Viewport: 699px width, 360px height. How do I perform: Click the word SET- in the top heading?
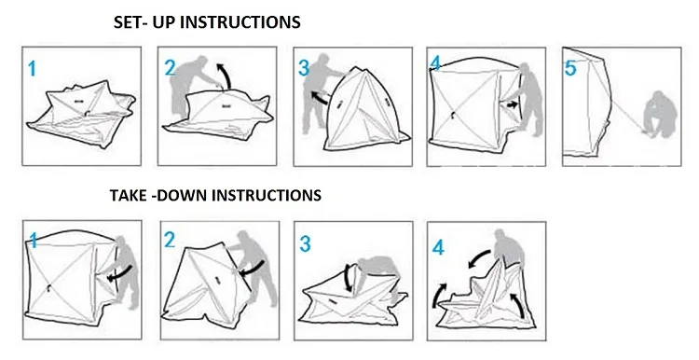(130, 21)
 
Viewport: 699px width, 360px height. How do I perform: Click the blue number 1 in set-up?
(32, 69)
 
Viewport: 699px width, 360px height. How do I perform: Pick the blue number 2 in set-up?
(171, 68)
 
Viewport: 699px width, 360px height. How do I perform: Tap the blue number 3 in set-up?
(304, 68)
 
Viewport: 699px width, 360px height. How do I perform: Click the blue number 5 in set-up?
(570, 68)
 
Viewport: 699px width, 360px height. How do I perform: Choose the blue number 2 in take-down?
(170, 241)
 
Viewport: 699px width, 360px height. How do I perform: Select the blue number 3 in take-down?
(305, 244)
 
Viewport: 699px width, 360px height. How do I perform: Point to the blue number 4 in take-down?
(438, 247)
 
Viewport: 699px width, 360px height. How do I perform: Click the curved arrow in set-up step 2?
(226, 75)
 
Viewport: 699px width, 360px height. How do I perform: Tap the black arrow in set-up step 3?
(319, 97)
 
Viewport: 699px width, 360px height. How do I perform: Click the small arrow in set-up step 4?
(513, 105)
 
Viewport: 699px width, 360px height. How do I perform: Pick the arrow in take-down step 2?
(251, 268)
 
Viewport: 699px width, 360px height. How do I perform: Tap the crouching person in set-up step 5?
(659, 115)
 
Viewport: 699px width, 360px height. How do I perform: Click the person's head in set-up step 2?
(201, 62)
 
